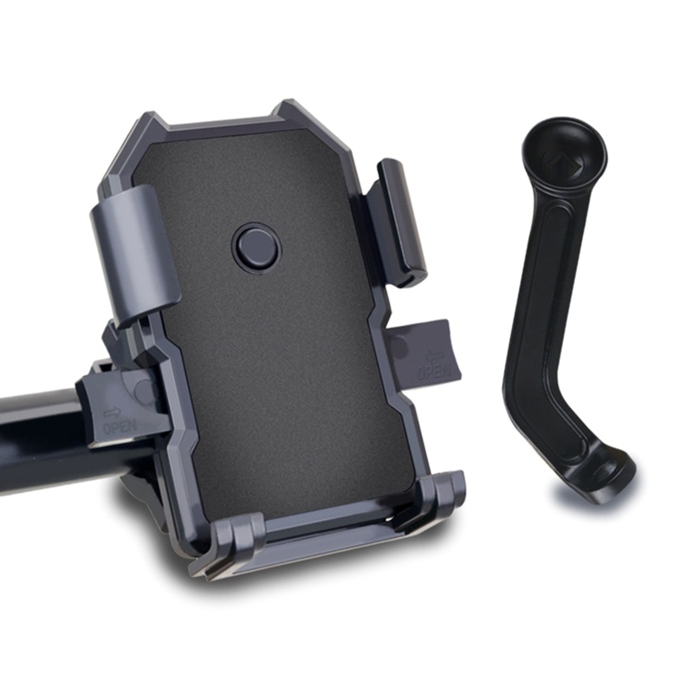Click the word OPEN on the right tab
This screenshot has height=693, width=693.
point(434,371)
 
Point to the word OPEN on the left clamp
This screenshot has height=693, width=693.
point(120,425)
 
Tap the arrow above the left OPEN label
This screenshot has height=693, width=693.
point(113,412)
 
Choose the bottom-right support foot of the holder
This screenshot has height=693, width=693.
point(441,491)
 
